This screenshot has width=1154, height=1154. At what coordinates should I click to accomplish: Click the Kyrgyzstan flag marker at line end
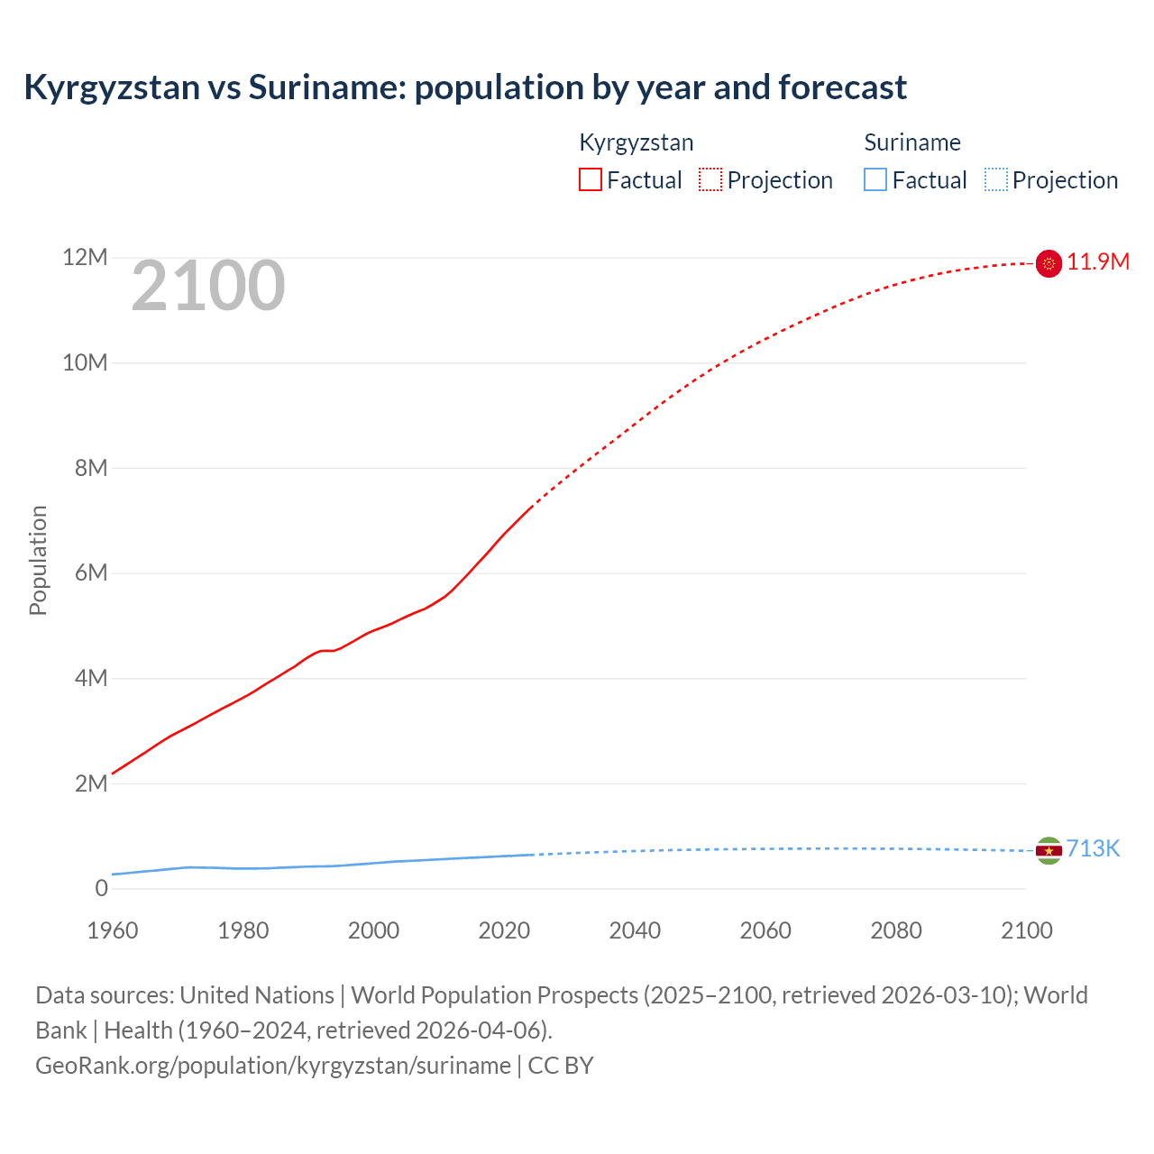[x=1049, y=263]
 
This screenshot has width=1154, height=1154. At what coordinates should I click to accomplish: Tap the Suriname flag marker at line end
[x=1049, y=850]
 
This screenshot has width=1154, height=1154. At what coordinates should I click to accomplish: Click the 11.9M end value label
[x=1098, y=262]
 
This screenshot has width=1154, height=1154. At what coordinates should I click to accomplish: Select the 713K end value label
[x=1093, y=849]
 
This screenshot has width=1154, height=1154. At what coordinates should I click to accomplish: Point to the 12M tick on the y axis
[x=85, y=258]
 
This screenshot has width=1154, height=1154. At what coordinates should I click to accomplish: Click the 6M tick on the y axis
[x=91, y=573]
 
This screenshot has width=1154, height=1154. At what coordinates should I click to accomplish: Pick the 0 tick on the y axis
[x=101, y=889]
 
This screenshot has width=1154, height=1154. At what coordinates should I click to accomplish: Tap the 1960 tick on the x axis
[x=113, y=930]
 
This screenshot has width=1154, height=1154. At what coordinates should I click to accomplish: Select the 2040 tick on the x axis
[x=635, y=930]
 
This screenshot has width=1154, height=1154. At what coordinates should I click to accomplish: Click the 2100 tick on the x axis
[x=1026, y=930]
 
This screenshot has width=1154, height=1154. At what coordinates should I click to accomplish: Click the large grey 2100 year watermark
[x=208, y=287]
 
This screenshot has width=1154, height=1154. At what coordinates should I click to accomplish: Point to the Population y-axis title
[x=38, y=561]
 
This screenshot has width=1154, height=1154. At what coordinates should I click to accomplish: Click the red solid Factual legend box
[x=591, y=179]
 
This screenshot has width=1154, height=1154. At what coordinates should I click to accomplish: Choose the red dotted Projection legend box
[x=710, y=179]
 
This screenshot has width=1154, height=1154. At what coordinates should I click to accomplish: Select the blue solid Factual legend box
[x=875, y=179]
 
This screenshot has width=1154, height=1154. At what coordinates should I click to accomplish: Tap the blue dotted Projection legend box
[x=995, y=179]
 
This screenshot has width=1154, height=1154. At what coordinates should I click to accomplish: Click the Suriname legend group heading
[x=912, y=142]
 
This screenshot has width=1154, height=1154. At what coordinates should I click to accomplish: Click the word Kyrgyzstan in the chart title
[x=112, y=87]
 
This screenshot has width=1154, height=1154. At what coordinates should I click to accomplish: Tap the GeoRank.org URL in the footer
[x=273, y=1066]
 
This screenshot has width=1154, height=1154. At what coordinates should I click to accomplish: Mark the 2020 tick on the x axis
[x=504, y=930]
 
